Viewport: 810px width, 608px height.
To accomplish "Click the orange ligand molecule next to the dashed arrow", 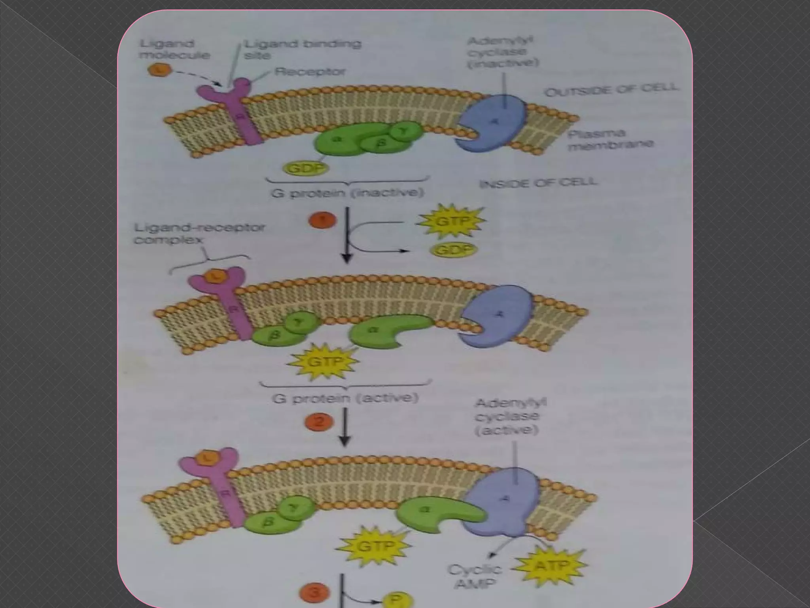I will tap(159, 70).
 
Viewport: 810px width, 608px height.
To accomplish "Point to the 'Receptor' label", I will tap(310, 72).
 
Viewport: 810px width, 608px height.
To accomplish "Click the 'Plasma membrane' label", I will tap(610, 140).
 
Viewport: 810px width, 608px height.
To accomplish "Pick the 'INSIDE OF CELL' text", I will tap(538, 183).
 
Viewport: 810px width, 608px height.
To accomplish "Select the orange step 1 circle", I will tap(322, 220).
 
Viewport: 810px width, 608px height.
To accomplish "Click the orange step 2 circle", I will tap(319, 422).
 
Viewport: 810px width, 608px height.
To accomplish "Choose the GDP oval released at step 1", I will tap(454, 250).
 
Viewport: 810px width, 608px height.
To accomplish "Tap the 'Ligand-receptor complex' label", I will tap(199, 234).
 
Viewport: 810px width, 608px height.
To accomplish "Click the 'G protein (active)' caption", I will tap(345, 398).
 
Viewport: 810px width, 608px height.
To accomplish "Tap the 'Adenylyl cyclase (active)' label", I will tap(509, 417).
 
